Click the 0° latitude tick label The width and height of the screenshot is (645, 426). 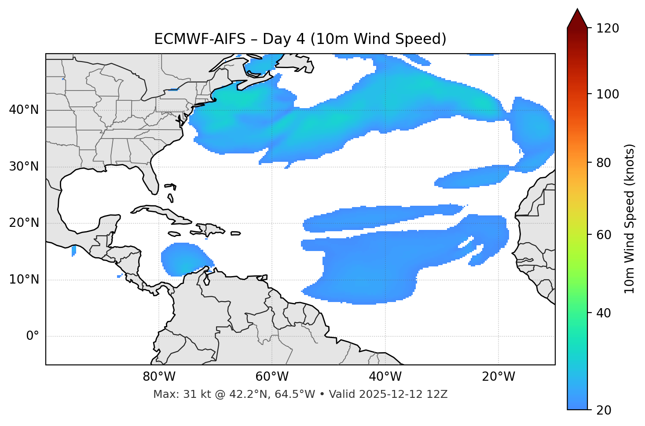(x=33, y=336)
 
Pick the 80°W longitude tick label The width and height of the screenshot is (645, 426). (x=159, y=377)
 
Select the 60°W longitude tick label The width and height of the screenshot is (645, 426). (x=272, y=377)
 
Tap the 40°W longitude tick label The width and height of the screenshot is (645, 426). (x=385, y=377)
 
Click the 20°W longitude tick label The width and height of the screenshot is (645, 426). (x=498, y=377)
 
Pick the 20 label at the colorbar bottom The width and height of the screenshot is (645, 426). (x=604, y=410)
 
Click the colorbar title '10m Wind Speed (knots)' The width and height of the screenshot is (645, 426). (x=630, y=218)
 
